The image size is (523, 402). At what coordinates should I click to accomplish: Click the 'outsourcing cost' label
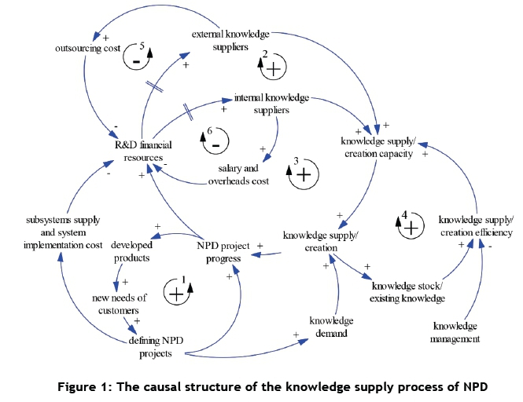[87, 48]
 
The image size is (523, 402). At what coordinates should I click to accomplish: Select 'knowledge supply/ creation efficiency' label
[476, 225]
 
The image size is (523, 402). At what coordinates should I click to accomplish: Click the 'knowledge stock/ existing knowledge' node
[408, 291]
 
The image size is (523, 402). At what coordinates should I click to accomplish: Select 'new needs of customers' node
[120, 304]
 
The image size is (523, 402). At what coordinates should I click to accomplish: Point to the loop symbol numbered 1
[176, 292]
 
